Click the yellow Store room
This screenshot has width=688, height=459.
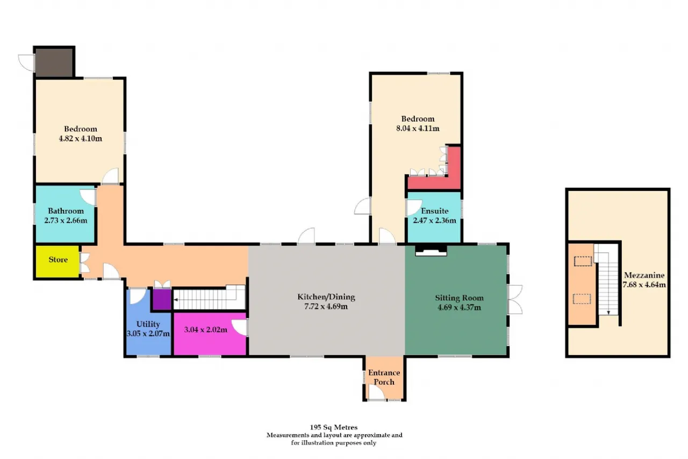pyautogui.click(x=58, y=262)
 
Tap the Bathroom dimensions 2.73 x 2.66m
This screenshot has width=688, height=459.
pyautogui.click(x=66, y=221)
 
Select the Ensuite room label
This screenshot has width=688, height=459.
pyautogui.click(x=435, y=211)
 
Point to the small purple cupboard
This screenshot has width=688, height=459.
pyautogui.click(x=162, y=299)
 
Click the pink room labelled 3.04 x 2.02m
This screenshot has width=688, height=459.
pyautogui.click(x=210, y=334)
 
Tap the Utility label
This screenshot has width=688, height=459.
pyautogui.click(x=148, y=324)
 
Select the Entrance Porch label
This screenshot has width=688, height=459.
pyautogui.click(x=384, y=377)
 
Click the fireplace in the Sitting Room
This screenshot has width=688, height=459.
pyautogui.click(x=431, y=251)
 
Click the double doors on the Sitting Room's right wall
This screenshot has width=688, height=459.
pyautogui.click(x=515, y=299)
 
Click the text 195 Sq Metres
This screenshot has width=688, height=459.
pyautogui.click(x=334, y=427)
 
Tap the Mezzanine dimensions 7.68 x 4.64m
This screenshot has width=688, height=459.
pyautogui.click(x=644, y=285)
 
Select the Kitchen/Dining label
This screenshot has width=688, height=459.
pyautogui.click(x=326, y=296)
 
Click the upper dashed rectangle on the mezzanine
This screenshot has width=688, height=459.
pyautogui.click(x=583, y=262)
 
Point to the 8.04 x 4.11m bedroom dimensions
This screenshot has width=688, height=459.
pyautogui.click(x=418, y=128)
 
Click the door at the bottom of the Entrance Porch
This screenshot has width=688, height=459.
pyautogui.click(x=377, y=393)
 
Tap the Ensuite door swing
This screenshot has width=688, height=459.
pyautogui.click(x=414, y=208)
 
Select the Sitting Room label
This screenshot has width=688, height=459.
pyautogui.click(x=459, y=298)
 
